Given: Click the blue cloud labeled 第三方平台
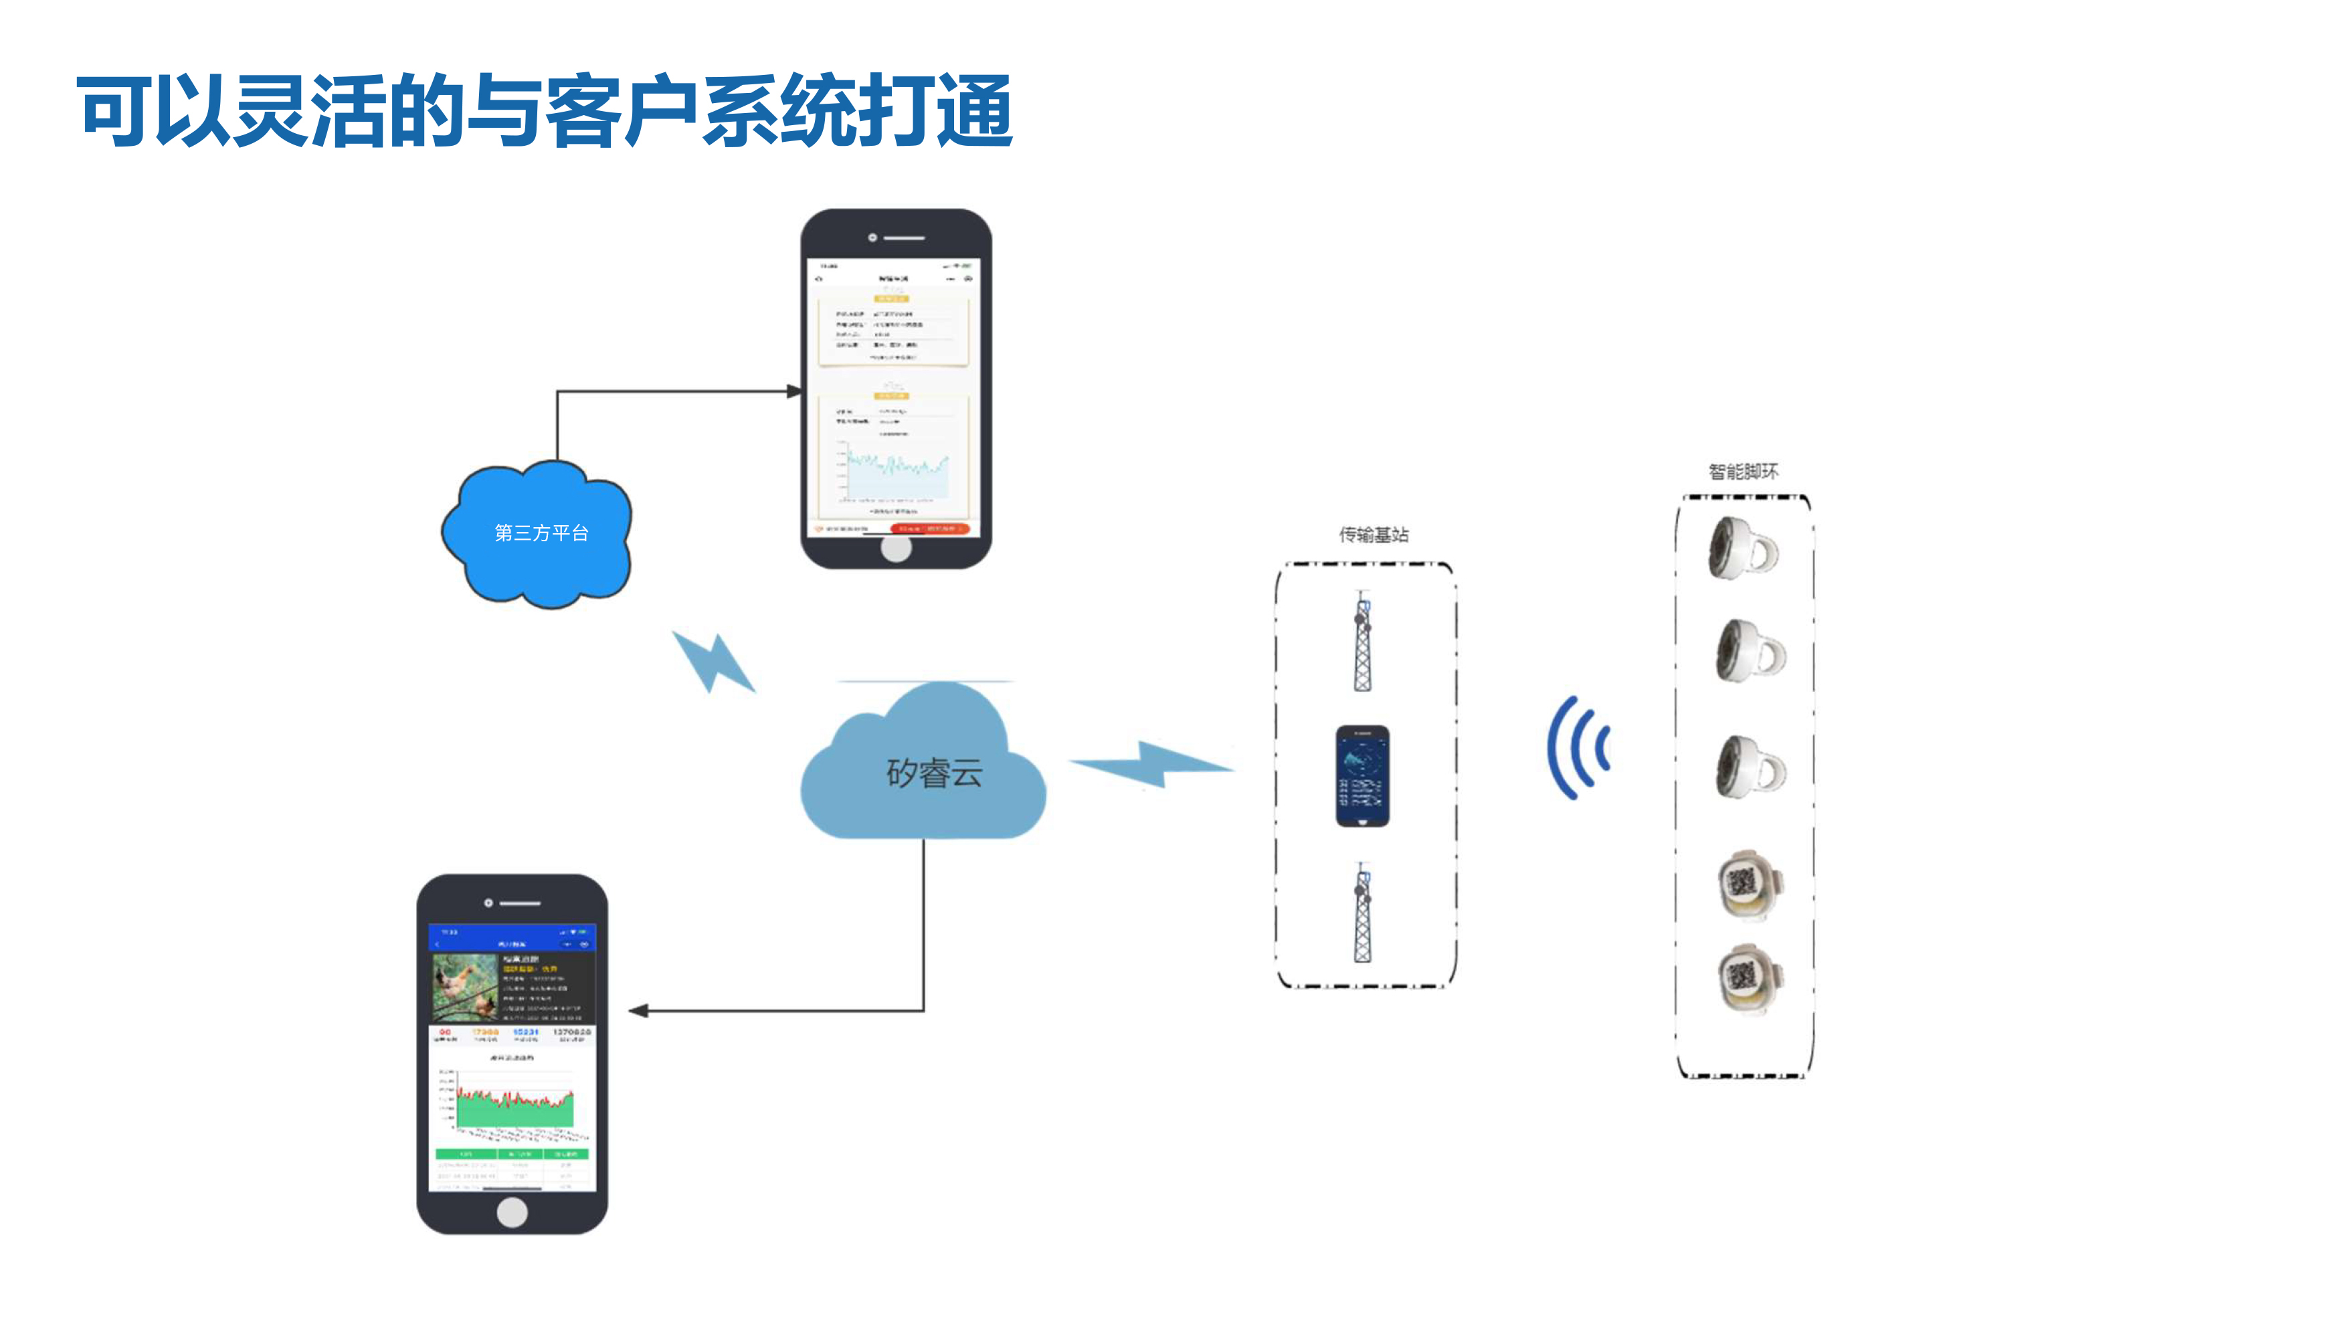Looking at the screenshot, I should pyautogui.click(x=537, y=534).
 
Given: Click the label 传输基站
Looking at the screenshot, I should pyautogui.click(x=1373, y=535).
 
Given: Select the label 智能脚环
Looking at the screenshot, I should pyautogui.click(x=1742, y=471).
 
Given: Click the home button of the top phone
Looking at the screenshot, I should pyautogui.click(x=896, y=549).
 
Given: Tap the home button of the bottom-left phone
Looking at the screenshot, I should pyautogui.click(x=512, y=1212).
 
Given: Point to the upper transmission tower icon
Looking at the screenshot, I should pyautogui.click(x=1362, y=642).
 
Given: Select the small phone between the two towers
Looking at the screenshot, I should pyautogui.click(x=1362, y=775).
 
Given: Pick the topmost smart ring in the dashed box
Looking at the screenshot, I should pyautogui.click(x=1742, y=547).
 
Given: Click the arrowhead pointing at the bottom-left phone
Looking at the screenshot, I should pyautogui.click(x=638, y=1010).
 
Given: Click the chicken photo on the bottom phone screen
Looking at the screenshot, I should pyautogui.click(x=465, y=987).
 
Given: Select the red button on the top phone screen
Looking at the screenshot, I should pyautogui.click(x=929, y=529).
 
